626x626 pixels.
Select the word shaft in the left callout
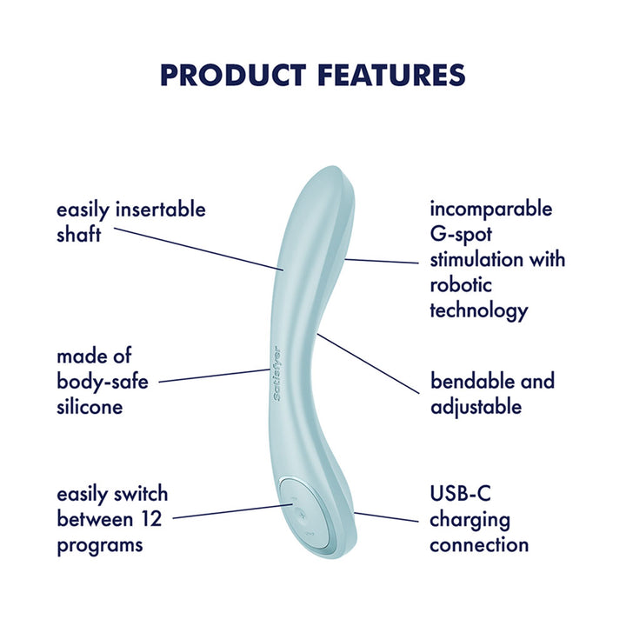coord(79,235)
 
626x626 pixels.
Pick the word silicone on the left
coord(90,406)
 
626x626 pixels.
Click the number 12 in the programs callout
coord(155,520)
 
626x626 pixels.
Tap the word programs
coord(100,545)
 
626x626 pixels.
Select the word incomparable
coord(490,210)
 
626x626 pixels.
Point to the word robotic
coord(461,284)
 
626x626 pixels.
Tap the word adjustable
coord(476,406)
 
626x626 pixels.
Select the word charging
coord(469,520)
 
